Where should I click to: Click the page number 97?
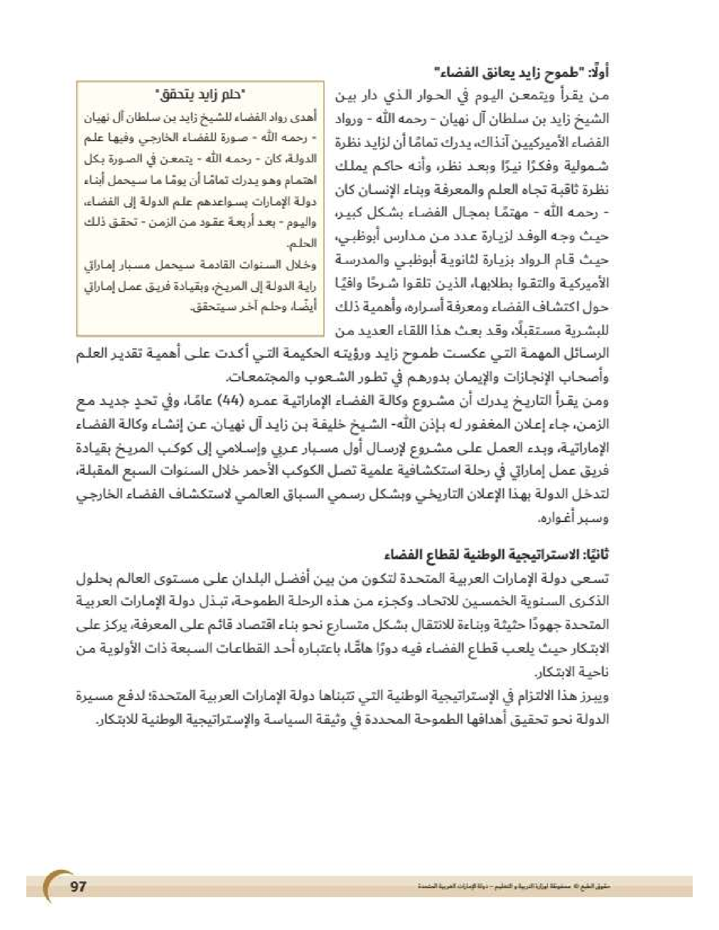pos(78,887)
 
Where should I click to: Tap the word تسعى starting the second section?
pos(596,579)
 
